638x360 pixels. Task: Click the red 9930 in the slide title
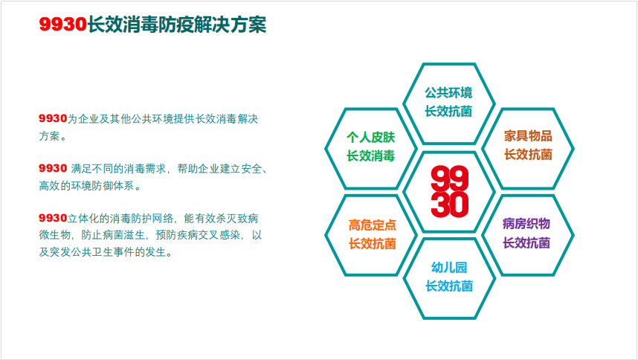[x=63, y=25]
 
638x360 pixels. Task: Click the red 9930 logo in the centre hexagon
[x=450, y=191]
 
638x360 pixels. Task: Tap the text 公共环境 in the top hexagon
[x=449, y=93]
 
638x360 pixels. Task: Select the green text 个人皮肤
[x=370, y=138]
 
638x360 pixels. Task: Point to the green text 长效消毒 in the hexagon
[x=370, y=155]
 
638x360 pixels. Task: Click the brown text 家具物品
[x=528, y=136]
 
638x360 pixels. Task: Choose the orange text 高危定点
[x=373, y=225]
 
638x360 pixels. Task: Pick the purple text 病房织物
[x=526, y=224]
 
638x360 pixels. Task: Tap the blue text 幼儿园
[x=449, y=267]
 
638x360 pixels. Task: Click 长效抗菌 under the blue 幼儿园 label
[x=449, y=286]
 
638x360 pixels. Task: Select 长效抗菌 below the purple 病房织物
[x=526, y=242]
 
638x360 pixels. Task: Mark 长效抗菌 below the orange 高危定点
[x=373, y=244]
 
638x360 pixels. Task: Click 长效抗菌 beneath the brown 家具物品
[x=528, y=155]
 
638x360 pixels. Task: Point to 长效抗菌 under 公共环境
[x=449, y=111]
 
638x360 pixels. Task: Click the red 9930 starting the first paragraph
[x=53, y=118]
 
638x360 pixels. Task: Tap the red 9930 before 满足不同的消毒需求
[x=53, y=168]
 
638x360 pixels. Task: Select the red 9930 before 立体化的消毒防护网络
[x=53, y=218]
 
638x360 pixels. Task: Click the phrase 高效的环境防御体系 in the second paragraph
[x=87, y=186]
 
